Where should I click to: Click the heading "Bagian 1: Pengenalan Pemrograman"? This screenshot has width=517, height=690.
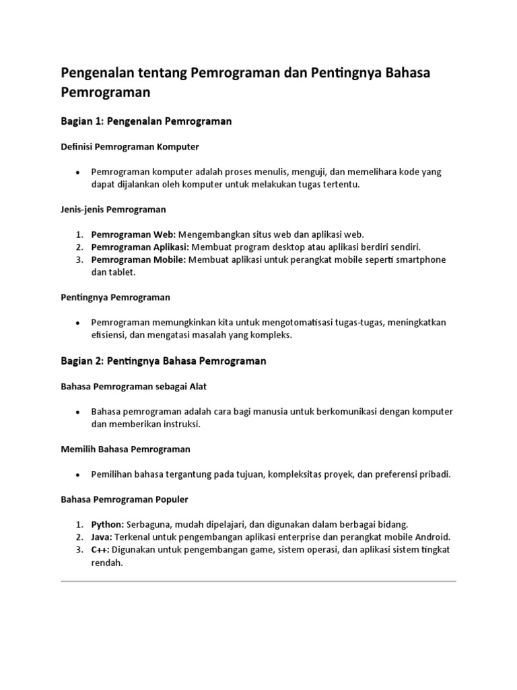pyautogui.click(x=146, y=121)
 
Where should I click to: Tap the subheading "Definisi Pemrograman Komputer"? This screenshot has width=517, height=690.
pyautogui.click(x=130, y=146)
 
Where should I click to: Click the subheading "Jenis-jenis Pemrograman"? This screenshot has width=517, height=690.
pyautogui.click(x=113, y=210)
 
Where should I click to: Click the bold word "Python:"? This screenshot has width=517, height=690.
pyautogui.click(x=108, y=524)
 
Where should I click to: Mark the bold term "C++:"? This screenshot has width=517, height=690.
pyautogui.click(x=100, y=550)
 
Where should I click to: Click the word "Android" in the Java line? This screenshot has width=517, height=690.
pyautogui.click(x=432, y=537)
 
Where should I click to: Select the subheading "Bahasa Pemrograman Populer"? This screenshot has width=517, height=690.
pyautogui.click(x=125, y=499)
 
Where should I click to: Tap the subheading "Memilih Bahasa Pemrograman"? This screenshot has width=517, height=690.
pyautogui.click(x=125, y=449)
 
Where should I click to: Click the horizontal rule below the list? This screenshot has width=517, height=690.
pyautogui.click(x=258, y=581)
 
